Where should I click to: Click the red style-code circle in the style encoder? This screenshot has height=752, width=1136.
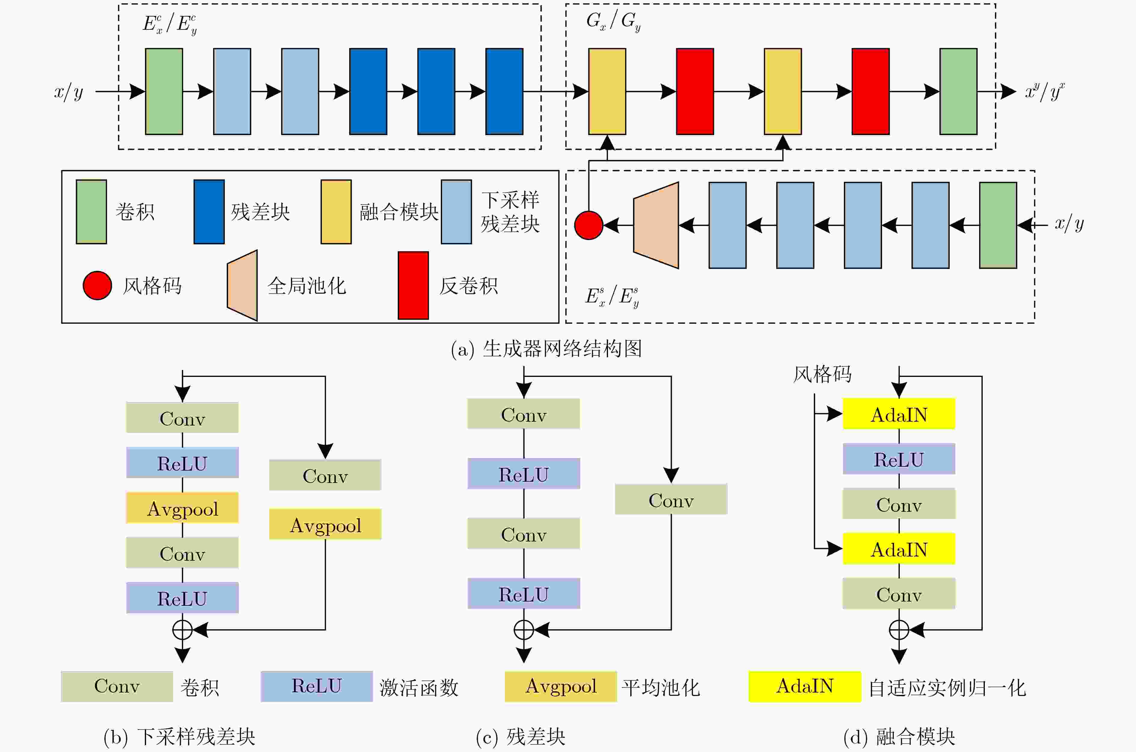(x=588, y=225)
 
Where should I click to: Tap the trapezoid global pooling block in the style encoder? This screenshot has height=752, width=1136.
(x=656, y=225)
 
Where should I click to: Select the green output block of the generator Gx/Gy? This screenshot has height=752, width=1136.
(x=958, y=91)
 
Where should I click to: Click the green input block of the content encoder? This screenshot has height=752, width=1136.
(x=164, y=91)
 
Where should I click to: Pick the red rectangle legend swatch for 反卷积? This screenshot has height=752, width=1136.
(x=413, y=285)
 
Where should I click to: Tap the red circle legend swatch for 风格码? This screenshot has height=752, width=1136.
(x=97, y=285)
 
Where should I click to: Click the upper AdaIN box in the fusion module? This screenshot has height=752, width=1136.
(x=899, y=414)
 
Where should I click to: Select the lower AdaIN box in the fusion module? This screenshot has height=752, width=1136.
(x=899, y=549)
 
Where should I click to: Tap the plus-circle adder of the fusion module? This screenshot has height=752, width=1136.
(x=899, y=630)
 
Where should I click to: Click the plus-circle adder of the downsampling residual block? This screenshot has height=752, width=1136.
(x=182, y=630)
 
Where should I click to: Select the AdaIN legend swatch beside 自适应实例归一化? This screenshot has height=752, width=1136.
(x=805, y=686)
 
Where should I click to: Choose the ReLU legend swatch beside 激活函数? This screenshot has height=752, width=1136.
(x=317, y=686)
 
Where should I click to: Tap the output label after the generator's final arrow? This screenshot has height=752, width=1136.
(x=1045, y=91)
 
